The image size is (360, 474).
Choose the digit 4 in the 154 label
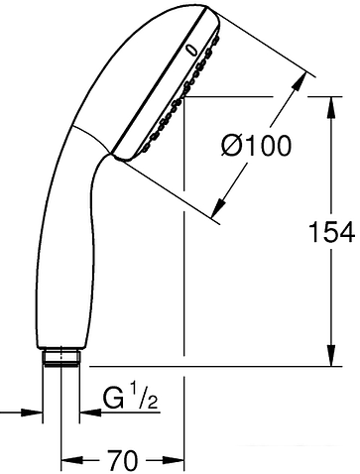[x=347, y=232]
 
